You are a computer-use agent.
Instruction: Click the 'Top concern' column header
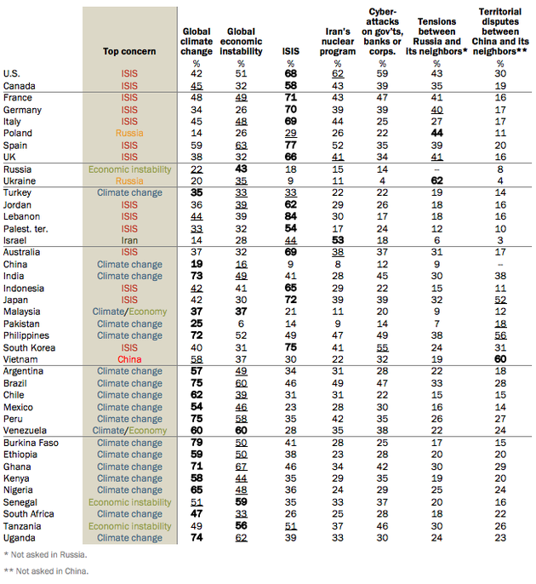point(129,51)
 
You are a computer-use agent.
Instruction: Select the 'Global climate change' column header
point(197,42)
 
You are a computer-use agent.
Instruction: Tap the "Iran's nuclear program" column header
point(338,42)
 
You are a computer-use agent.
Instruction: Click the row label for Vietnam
point(20,359)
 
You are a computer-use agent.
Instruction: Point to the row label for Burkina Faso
point(31,443)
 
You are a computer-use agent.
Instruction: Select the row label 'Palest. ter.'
point(26,229)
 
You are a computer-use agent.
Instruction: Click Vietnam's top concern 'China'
point(129,359)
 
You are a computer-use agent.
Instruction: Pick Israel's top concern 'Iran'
point(129,241)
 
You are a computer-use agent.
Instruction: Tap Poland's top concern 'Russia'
point(129,134)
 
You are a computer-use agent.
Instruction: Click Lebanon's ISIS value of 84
point(291,216)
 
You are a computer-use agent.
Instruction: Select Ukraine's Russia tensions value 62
point(437,181)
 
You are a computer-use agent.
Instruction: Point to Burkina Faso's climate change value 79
point(197,443)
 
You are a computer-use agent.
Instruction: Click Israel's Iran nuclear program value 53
point(338,240)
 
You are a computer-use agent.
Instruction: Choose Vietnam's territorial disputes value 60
point(500,359)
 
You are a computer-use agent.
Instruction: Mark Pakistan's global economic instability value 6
point(241,324)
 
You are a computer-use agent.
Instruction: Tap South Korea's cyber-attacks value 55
point(382,348)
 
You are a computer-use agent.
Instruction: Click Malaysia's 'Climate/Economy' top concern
point(129,312)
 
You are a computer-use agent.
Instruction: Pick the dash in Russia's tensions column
point(437,170)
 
